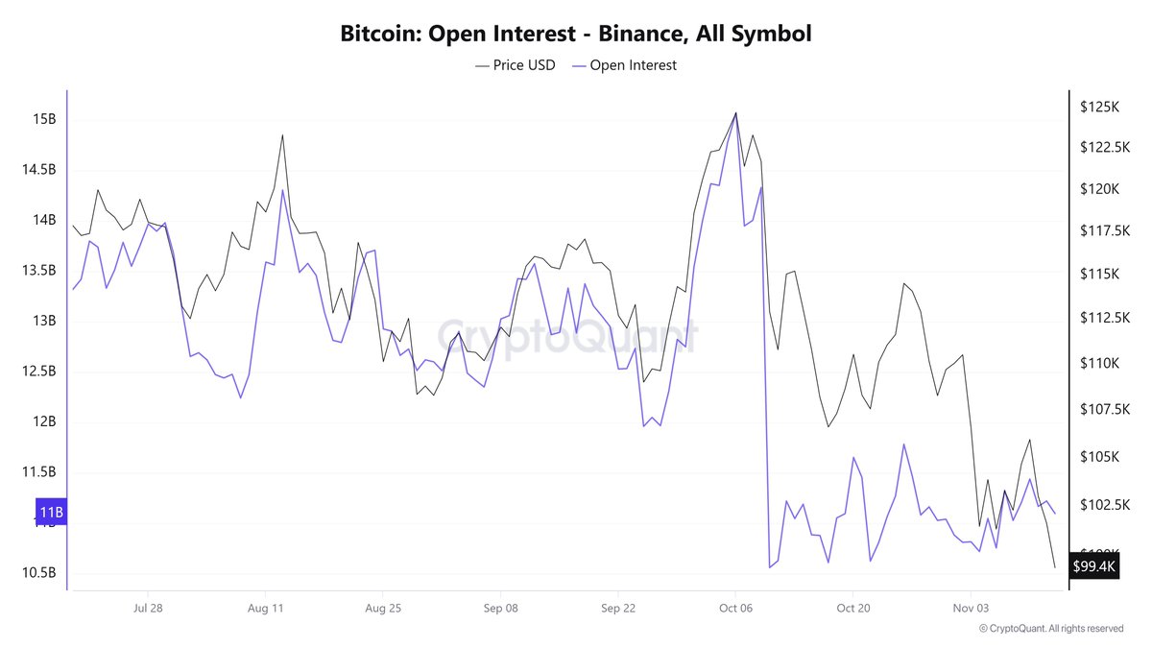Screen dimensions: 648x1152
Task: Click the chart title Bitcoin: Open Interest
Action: [x=576, y=34]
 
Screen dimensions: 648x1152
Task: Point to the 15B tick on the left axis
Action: [x=44, y=120]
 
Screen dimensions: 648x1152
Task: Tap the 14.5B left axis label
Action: [x=40, y=170]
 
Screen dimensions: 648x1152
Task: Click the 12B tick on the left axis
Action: [x=44, y=421]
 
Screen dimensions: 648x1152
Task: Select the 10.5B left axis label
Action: [x=40, y=573]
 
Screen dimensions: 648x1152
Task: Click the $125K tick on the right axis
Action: [x=1099, y=108]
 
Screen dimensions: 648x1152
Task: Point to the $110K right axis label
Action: [x=1099, y=364]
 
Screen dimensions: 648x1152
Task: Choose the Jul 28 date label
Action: [x=148, y=608]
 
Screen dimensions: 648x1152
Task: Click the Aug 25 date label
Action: [x=382, y=608]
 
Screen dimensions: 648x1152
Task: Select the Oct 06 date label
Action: [x=734, y=608]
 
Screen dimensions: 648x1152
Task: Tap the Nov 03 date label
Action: [x=971, y=608]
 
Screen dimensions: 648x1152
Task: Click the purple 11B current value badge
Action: [x=51, y=512]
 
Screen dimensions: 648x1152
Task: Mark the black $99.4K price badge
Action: [x=1094, y=566]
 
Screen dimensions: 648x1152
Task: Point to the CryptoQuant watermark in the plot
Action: [x=567, y=336]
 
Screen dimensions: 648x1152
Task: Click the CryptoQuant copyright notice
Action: [x=1050, y=629]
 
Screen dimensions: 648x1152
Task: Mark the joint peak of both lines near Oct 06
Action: [x=735, y=113]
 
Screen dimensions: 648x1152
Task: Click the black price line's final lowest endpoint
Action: [x=1055, y=567]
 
